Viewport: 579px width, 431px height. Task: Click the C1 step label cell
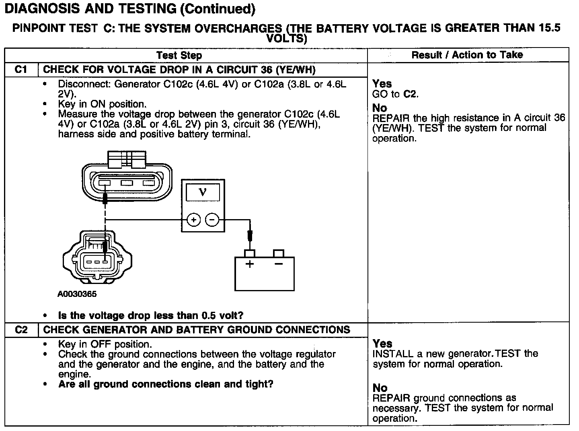[21, 70]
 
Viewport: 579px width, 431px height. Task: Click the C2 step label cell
[21, 330]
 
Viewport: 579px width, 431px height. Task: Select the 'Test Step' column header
[179, 55]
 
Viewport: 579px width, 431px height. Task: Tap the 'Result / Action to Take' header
[467, 55]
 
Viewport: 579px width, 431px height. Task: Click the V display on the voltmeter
[203, 192]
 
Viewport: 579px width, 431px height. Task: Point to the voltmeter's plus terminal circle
[194, 220]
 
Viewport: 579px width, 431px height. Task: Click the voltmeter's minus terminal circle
[212, 220]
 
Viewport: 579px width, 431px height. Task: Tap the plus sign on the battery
[250, 264]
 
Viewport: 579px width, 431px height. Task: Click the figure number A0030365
[77, 294]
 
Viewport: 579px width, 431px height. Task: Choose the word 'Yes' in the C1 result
[382, 84]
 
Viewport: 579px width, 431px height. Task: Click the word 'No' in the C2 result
[380, 388]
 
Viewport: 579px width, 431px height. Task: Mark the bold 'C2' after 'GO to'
[410, 94]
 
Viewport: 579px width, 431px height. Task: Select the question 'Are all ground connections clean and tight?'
[166, 384]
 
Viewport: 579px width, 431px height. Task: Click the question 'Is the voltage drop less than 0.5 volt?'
[151, 315]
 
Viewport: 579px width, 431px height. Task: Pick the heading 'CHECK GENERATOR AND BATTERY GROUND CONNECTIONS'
[197, 330]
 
